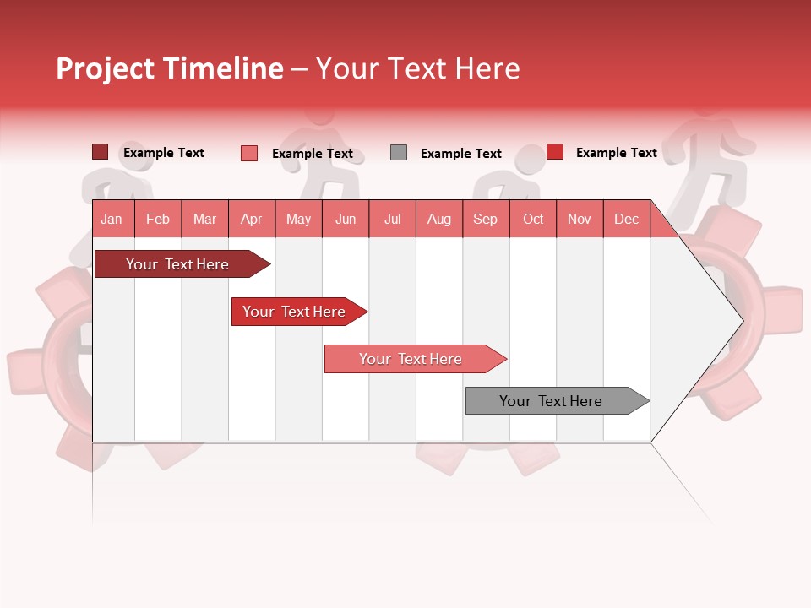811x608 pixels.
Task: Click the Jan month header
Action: [x=112, y=219]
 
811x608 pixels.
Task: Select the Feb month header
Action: [x=158, y=219]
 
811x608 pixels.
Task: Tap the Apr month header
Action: [x=251, y=219]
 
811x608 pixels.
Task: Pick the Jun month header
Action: [x=346, y=219]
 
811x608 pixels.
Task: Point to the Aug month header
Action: [x=438, y=219]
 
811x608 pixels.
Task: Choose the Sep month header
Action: [x=485, y=219]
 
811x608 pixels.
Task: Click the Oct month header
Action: [x=533, y=219]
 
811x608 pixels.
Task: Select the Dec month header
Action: [x=626, y=219]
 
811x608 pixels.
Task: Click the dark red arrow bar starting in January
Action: [x=178, y=264]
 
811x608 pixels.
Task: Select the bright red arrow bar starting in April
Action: [x=295, y=312]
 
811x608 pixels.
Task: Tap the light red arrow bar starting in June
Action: [x=411, y=359]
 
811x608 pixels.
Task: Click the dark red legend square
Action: [x=101, y=152]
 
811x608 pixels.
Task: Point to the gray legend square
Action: [x=399, y=153]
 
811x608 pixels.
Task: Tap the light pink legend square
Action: [x=249, y=153]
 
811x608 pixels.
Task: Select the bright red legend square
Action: [x=555, y=152]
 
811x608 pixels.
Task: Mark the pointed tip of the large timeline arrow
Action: [x=741, y=320]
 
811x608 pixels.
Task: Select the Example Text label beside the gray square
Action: [x=460, y=154]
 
